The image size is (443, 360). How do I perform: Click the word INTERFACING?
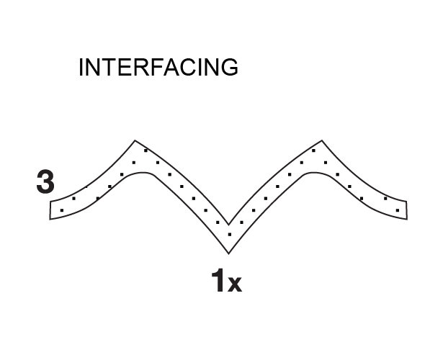(158, 67)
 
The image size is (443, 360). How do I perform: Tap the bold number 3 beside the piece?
(45, 182)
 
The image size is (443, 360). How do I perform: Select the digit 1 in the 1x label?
(218, 280)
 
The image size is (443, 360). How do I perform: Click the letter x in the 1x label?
(235, 284)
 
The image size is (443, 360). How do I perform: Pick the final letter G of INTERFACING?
(230, 67)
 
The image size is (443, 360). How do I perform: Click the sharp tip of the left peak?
(135, 140)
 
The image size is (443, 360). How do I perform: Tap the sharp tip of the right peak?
(322, 140)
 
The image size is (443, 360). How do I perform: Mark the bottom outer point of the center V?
(228, 254)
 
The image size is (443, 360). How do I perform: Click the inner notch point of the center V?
(228, 225)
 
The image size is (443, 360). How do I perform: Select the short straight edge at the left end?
(50, 210)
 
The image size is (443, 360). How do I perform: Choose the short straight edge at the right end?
(406, 210)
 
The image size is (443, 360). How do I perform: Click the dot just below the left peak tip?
(146, 150)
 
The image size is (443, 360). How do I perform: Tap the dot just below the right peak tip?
(313, 150)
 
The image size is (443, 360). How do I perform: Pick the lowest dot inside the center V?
(230, 234)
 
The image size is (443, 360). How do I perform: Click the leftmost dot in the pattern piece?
(62, 210)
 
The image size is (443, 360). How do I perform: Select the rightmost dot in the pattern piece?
(398, 210)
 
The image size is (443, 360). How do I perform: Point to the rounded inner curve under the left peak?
(143, 172)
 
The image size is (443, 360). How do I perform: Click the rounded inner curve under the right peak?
(313, 172)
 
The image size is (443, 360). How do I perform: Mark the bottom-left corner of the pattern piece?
(50, 219)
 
